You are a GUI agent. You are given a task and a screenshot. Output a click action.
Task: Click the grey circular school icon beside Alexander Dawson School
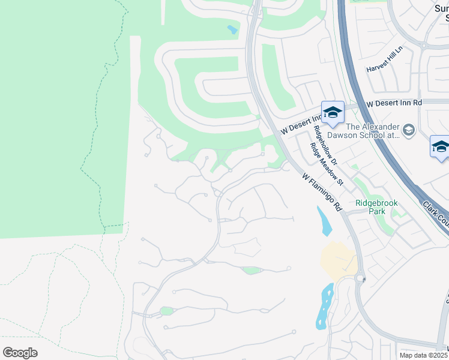[x=409, y=130]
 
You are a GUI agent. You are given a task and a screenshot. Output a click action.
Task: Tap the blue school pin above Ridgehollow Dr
[x=333, y=112]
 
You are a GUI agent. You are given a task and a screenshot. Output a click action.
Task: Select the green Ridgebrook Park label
[x=376, y=203]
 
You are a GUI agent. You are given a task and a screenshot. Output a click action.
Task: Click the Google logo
[x=20, y=353]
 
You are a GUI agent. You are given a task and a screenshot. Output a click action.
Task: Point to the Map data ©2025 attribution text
[x=424, y=355]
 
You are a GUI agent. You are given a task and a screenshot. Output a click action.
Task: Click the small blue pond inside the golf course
[x=232, y=29]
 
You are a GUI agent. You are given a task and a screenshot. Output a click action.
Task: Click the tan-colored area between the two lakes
[x=339, y=259]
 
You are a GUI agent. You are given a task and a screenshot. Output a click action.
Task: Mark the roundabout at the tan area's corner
[x=361, y=278]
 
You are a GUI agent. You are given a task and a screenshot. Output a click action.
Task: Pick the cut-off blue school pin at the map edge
[x=440, y=147]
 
